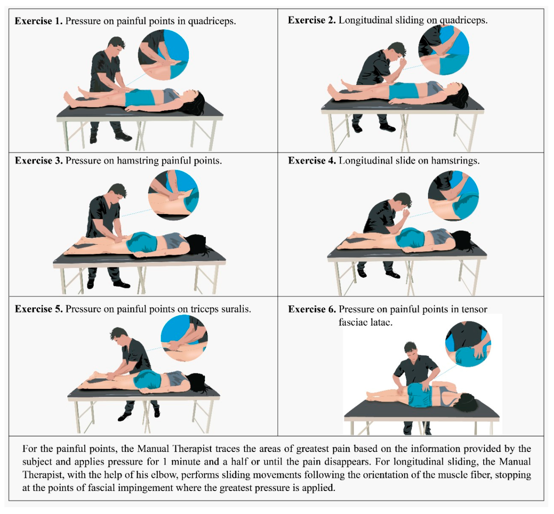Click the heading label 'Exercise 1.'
pos(39,21)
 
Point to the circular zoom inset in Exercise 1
pos(163,55)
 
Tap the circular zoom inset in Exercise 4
pos(453,196)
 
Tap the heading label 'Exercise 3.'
pos(39,161)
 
